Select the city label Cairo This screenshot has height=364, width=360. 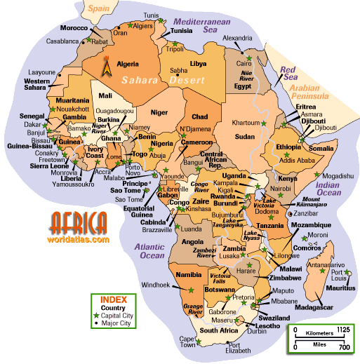[x=246, y=62]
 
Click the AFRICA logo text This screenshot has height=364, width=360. [x=79, y=223]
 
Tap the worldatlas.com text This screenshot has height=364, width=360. [x=80, y=239]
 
